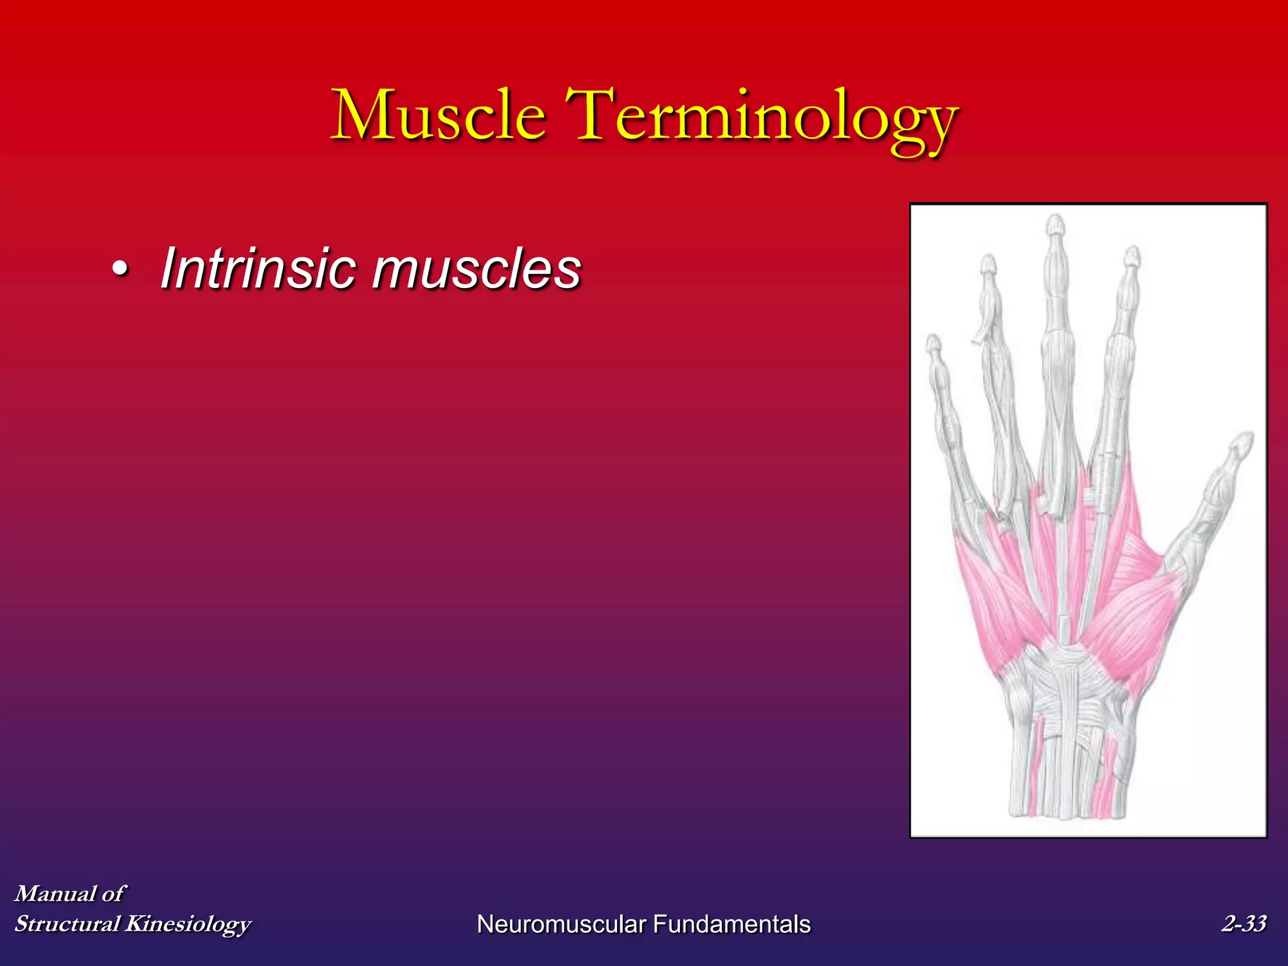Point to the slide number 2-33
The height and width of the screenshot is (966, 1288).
(x=1243, y=923)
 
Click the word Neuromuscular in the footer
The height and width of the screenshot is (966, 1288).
(x=562, y=924)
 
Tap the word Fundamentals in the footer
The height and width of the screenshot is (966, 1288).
(x=731, y=924)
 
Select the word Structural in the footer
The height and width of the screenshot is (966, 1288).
(x=67, y=923)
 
